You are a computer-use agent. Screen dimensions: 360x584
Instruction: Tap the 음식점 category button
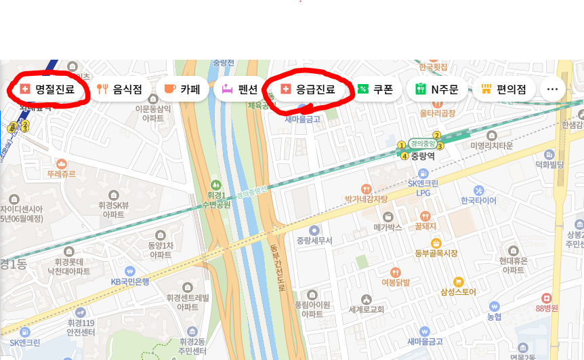pos(119,89)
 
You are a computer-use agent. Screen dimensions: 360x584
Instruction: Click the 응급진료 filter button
pos(309,89)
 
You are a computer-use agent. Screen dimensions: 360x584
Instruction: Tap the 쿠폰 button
pos(375,89)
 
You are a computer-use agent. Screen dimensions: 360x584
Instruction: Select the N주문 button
pos(437,89)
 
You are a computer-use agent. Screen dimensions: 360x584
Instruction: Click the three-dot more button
pos(552,89)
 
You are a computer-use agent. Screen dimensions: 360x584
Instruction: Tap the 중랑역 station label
pos(422,155)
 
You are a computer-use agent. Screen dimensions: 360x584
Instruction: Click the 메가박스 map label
pos(388,227)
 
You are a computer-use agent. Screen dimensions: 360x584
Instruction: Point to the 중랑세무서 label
pos(314,240)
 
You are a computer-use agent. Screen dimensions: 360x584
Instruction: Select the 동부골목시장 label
pos(436,253)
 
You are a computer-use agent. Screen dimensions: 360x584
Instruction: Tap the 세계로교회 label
pos(367,309)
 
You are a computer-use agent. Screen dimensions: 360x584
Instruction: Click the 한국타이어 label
pos(478,200)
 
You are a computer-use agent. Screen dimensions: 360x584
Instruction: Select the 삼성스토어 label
pos(458,292)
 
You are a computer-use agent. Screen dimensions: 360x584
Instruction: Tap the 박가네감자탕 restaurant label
pos(366,199)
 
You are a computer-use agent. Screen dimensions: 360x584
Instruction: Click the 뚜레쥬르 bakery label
pos(62,174)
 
